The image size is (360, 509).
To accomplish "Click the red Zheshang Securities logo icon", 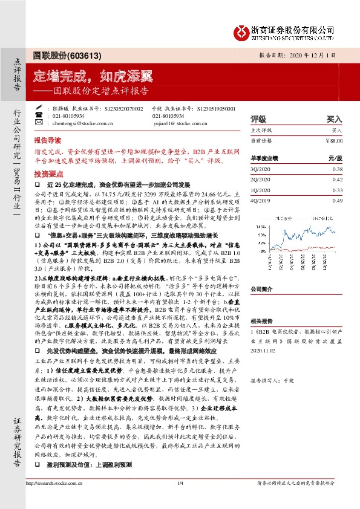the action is coord(243,30).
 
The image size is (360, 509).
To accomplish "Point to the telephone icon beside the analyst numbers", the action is coord(38,115).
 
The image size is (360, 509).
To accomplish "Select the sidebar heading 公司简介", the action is coord(263,289).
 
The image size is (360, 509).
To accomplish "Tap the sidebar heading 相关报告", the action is coord(263,322).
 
